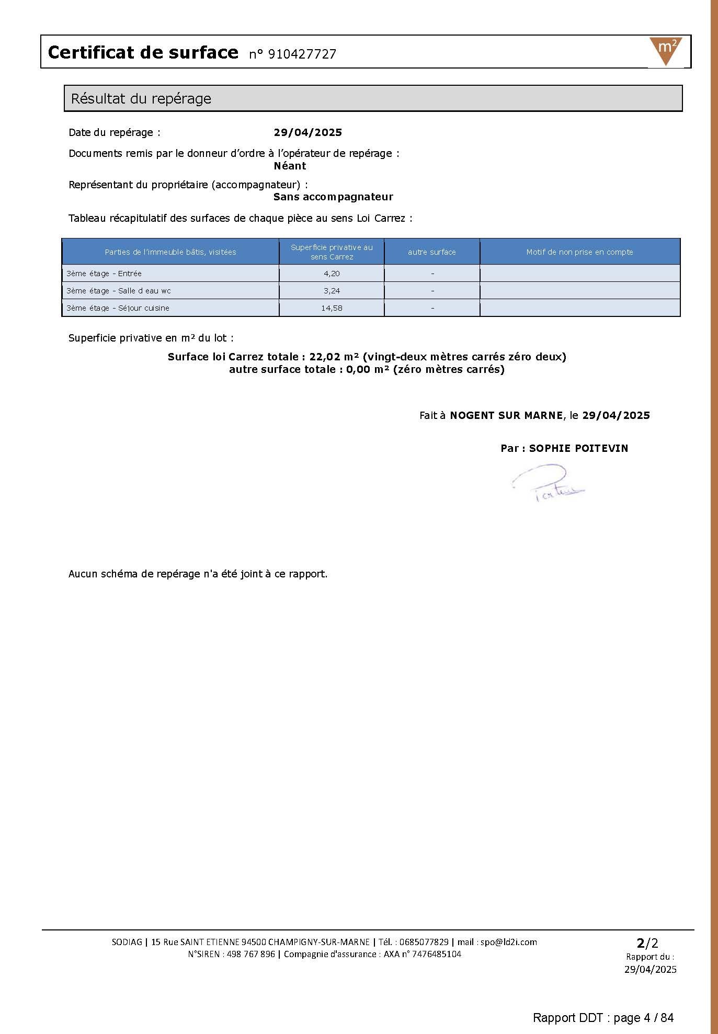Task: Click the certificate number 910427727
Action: (302, 54)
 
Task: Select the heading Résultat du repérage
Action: (141, 98)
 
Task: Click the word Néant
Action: (290, 166)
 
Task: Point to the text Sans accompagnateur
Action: (333, 197)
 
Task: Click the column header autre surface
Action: (431, 252)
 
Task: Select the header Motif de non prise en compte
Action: (579, 252)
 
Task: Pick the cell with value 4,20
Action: (332, 274)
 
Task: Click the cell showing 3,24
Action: (332, 291)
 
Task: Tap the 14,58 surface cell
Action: (332, 308)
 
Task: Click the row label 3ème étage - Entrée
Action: (104, 274)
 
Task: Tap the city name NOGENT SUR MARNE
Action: (506, 415)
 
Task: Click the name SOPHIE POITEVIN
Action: (578, 448)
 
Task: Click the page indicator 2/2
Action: (647, 943)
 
